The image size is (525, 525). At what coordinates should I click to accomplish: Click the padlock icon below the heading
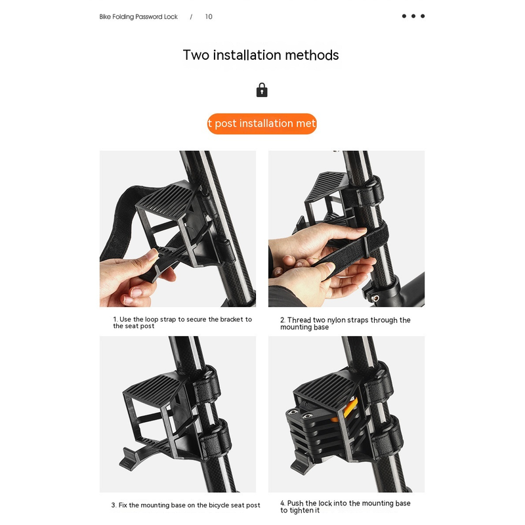(x=262, y=90)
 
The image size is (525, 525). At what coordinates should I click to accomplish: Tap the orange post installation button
(x=262, y=123)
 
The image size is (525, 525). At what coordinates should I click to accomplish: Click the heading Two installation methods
(x=261, y=55)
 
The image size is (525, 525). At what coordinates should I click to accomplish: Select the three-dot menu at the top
(x=413, y=16)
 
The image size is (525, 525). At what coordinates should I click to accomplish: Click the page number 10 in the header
(x=209, y=17)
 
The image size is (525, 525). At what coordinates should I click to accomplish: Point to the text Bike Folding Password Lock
(x=138, y=17)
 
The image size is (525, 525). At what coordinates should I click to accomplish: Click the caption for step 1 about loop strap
(x=182, y=322)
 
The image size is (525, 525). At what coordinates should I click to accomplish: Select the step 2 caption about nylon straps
(x=345, y=324)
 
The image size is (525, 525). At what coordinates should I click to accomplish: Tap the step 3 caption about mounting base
(x=186, y=505)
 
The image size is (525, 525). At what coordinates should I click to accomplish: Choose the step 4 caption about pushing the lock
(x=345, y=507)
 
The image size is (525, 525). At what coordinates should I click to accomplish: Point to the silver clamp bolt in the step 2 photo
(x=375, y=298)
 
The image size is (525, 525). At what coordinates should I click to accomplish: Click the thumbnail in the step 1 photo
(x=153, y=255)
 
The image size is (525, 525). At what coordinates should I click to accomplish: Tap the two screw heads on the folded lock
(x=301, y=414)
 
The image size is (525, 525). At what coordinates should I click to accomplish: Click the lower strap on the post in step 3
(x=216, y=439)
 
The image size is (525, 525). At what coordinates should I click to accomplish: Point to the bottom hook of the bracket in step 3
(x=129, y=459)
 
